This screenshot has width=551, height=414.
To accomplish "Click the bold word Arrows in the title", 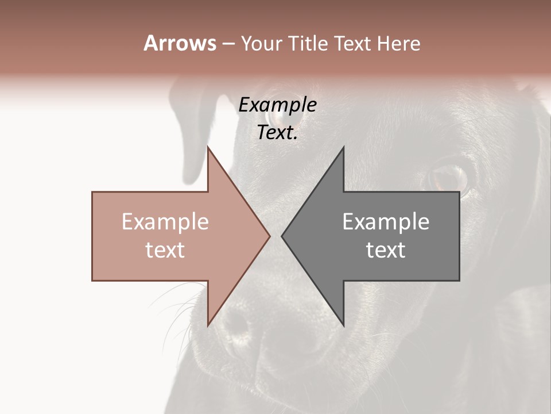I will (x=180, y=43).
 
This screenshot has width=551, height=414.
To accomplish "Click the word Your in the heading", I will (x=261, y=44).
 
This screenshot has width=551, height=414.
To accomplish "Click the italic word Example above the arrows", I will (x=277, y=105).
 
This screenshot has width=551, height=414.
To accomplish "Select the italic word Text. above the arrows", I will (x=277, y=133).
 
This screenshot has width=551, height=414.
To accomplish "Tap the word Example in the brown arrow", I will (x=165, y=222).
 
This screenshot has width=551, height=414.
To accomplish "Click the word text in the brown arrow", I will (x=165, y=250).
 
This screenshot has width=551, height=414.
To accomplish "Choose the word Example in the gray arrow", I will (x=386, y=222).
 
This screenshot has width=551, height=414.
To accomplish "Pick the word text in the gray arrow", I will (x=386, y=250).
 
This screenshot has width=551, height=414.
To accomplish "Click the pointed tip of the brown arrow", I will (x=270, y=236).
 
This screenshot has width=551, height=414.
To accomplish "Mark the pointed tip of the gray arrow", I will (x=282, y=236).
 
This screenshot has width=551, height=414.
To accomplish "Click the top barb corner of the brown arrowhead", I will (x=208, y=147).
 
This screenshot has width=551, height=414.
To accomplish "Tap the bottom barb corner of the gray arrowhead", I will (x=343, y=325).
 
